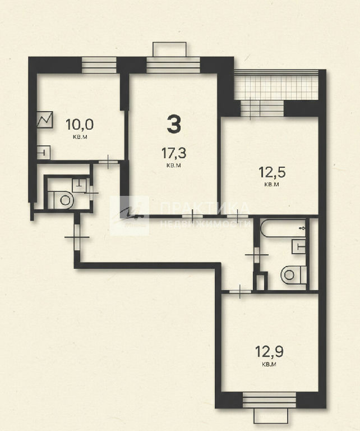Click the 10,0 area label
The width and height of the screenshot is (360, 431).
pos(80,124)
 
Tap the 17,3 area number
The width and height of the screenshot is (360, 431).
pos(174,153)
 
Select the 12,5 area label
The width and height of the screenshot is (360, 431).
pos(272,172)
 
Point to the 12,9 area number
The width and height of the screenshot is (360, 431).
pos(269,351)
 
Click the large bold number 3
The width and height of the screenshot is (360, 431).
pos(174,124)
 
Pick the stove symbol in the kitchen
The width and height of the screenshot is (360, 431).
pos(45,120)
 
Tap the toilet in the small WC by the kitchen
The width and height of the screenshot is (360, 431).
pos(61,200)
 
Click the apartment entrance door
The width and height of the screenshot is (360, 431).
pos(77,237)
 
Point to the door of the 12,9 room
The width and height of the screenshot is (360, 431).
pos(240,292)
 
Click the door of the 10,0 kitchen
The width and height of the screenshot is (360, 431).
pos(108,162)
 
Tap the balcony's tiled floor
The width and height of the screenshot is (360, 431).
pos(276,88)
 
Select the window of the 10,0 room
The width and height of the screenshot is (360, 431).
pos(99,65)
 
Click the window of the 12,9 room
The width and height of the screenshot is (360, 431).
pos(270,400)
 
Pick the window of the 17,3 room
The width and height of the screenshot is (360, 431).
pos(173,65)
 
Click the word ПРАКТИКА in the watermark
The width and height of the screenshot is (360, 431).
pos(205,208)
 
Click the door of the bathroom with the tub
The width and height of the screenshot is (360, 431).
pos(257,255)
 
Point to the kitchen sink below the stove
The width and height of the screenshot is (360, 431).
pos(43,152)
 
